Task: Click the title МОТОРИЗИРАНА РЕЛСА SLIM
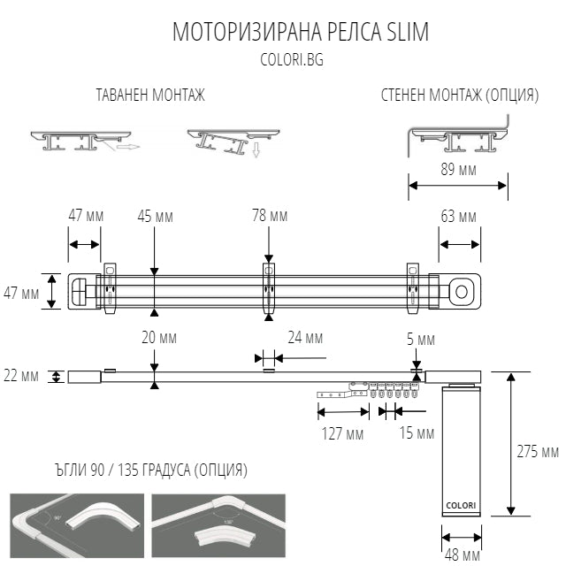(x=300, y=33)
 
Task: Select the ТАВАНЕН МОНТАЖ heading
(x=150, y=96)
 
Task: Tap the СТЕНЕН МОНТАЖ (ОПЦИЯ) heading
(x=459, y=96)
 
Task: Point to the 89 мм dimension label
(x=457, y=170)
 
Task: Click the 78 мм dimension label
(x=270, y=216)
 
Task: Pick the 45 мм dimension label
(x=155, y=216)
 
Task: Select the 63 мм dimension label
(x=458, y=217)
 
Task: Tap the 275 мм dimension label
(x=538, y=451)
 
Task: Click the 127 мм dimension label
(x=341, y=433)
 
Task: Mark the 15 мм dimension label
(x=416, y=433)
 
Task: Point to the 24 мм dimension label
(x=303, y=337)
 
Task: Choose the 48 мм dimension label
(x=462, y=555)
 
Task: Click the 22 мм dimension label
(x=22, y=376)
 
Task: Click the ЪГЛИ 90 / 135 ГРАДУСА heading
(x=128, y=470)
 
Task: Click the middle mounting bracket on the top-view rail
(x=270, y=287)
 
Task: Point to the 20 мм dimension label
(x=155, y=337)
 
